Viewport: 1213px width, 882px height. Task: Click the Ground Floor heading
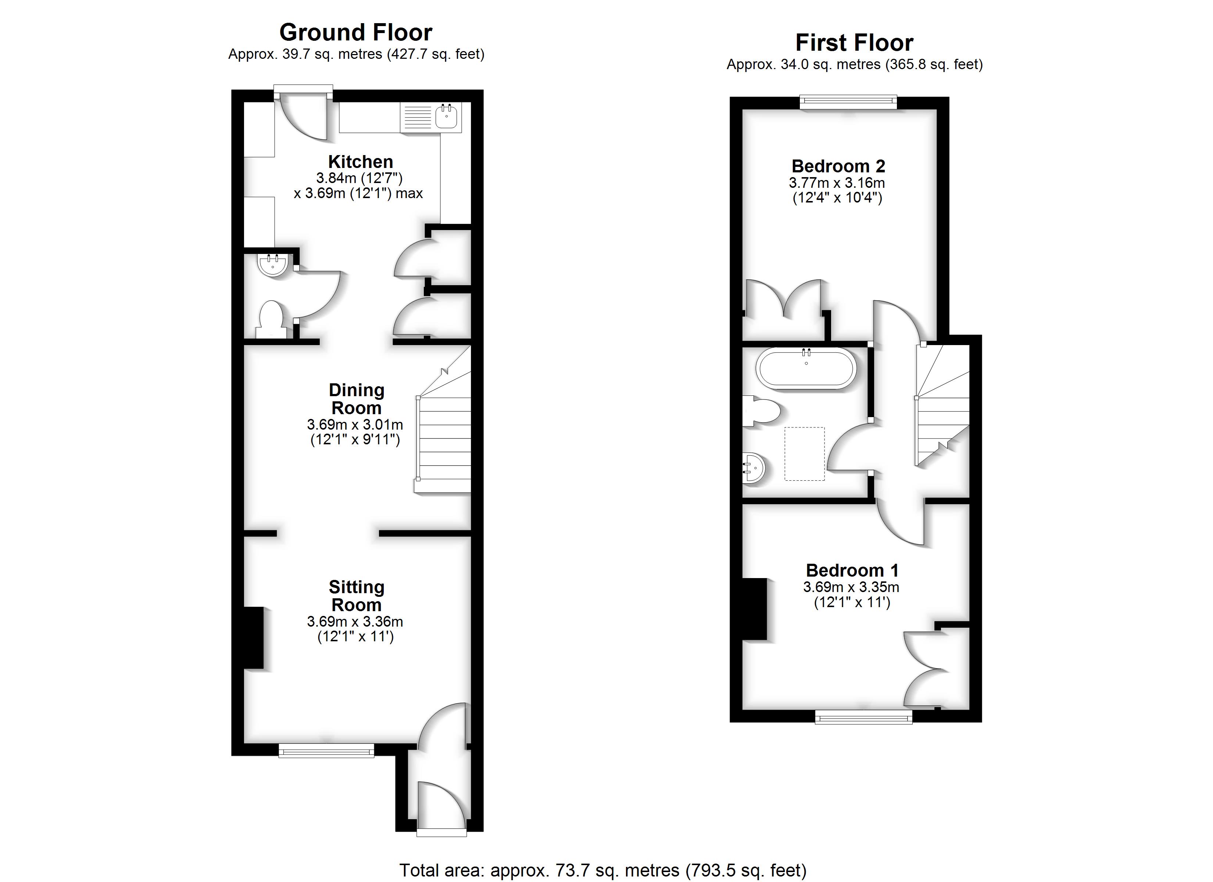click(x=356, y=33)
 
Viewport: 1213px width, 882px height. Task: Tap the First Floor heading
click(x=854, y=43)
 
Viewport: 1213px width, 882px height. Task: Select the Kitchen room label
click(x=361, y=162)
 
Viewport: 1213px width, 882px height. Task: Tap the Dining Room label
click(x=356, y=399)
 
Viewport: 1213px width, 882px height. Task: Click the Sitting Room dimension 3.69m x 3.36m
click(x=355, y=621)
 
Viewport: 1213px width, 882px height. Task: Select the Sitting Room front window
click(x=326, y=752)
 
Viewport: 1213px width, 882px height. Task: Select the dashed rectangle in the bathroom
click(x=804, y=453)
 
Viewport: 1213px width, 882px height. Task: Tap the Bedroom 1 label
click(x=852, y=570)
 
